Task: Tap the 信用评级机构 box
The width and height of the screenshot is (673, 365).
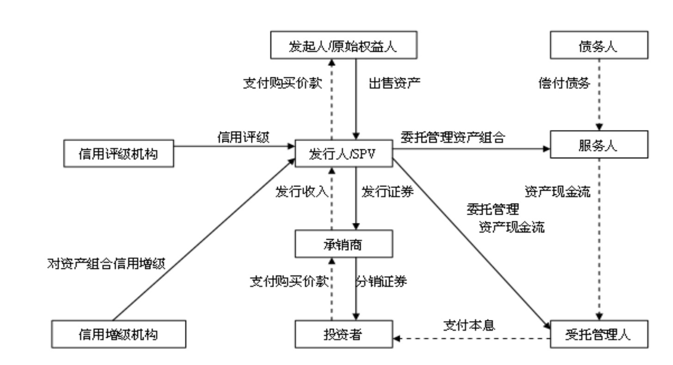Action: tap(118, 153)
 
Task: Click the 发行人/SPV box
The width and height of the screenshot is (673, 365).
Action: tap(343, 153)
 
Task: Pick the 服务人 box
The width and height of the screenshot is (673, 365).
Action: tap(598, 145)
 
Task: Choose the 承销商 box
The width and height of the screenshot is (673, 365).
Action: tap(343, 244)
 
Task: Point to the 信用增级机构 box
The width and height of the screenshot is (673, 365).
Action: tap(118, 334)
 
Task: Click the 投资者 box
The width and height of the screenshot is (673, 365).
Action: tap(343, 334)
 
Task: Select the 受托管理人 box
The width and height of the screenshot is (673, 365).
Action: tap(598, 334)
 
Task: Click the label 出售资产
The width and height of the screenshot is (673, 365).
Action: tap(394, 83)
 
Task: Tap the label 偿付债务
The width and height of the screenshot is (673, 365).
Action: tap(564, 83)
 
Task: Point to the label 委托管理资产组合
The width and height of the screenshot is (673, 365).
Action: tap(452, 137)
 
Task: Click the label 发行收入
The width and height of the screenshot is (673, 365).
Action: tap(301, 192)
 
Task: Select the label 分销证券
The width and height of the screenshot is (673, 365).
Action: tap(382, 281)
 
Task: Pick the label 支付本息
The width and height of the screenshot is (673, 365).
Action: tap(469, 325)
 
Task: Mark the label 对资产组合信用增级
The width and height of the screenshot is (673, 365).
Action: tap(106, 264)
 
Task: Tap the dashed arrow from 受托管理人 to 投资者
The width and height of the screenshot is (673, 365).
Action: tap(471, 339)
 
